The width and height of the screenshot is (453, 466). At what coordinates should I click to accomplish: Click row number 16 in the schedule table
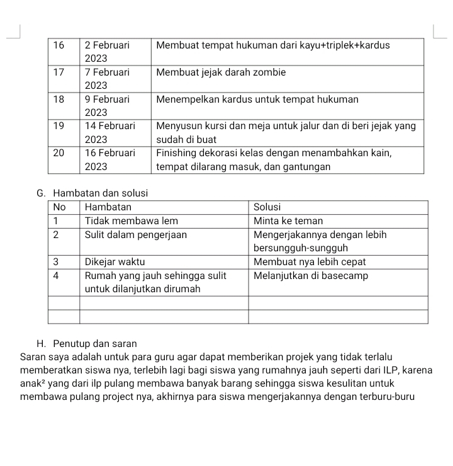click(x=59, y=45)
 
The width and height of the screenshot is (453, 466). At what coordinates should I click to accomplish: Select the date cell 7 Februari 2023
click(x=107, y=78)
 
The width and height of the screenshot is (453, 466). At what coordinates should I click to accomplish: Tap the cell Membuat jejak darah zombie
click(x=221, y=72)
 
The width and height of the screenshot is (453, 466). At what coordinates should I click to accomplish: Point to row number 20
click(x=59, y=153)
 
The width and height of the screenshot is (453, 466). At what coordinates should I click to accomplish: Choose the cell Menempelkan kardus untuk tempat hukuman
click(x=257, y=99)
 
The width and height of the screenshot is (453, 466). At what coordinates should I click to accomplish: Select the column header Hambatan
click(x=108, y=207)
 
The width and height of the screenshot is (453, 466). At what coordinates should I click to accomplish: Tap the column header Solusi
click(x=268, y=207)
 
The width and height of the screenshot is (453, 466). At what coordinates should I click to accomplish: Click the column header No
click(x=60, y=207)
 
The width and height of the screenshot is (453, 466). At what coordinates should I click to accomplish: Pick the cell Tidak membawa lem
click(x=131, y=220)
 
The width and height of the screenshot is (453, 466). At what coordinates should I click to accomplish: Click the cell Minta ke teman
click(x=288, y=220)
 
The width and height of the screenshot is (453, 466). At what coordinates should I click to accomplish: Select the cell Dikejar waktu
click(x=115, y=261)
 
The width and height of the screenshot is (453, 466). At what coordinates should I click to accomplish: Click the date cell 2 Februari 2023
click(x=107, y=51)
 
